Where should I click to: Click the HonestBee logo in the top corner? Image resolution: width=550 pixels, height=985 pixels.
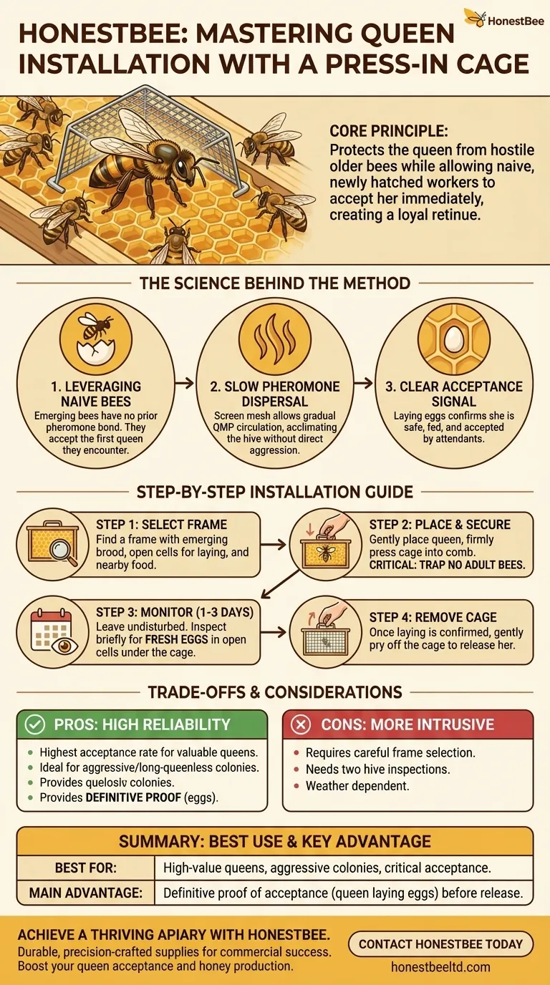pos(504,18)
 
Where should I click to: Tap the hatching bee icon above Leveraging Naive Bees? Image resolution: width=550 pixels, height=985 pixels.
pos(96,339)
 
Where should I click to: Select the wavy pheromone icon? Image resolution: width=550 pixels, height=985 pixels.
pos(275,339)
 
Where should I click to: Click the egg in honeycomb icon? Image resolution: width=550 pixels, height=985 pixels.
pos(453,339)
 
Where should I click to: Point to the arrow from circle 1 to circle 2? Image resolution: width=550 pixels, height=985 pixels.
pos(184,383)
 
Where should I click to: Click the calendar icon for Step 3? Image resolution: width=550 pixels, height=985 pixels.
pos(54,632)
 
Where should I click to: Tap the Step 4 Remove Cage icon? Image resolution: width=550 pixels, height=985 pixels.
pos(324,632)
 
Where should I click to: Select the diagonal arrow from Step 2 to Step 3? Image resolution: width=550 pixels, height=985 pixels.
pos(280,584)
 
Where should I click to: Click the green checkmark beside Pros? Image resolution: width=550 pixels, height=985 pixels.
pos(35,724)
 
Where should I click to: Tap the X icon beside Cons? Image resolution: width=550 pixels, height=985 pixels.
pos(301,724)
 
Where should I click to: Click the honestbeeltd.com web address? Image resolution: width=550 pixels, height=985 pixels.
pos(440,966)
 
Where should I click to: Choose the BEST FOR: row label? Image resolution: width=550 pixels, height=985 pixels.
pos(86,868)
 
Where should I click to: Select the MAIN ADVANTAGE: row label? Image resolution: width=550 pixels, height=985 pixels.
pos(86,893)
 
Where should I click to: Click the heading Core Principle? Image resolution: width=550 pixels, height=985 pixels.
pos(389,131)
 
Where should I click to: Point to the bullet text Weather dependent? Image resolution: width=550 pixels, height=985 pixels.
pos(357,786)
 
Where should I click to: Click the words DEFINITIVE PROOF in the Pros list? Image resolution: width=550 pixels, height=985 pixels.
pos(133,797)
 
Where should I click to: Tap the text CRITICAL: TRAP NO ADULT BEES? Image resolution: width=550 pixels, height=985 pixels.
pos(447,565)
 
